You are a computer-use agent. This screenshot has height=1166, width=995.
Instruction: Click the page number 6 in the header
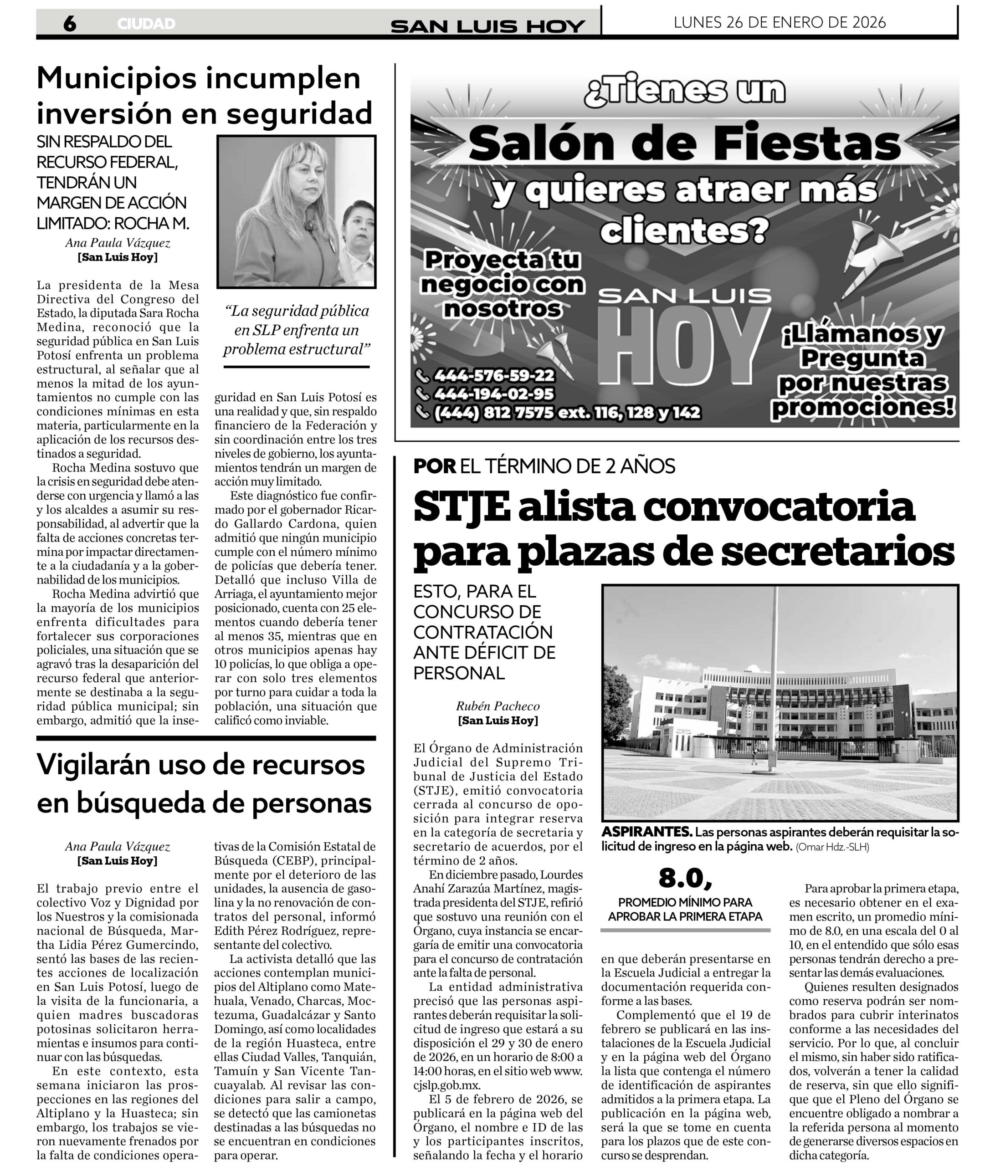click(69, 24)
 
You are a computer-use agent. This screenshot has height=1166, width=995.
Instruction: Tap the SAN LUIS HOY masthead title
click(487, 26)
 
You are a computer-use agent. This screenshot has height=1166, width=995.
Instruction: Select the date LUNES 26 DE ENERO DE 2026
click(780, 22)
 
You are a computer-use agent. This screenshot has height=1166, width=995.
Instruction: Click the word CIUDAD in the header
click(146, 24)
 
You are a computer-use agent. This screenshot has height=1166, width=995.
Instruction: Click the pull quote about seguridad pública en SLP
click(297, 330)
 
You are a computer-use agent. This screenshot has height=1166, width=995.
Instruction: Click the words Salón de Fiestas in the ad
click(684, 144)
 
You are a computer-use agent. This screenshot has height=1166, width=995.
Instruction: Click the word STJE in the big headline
click(462, 507)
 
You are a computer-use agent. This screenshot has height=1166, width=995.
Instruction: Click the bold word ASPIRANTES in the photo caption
click(646, 832)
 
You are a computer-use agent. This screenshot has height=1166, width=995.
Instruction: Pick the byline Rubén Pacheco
click(497, 706)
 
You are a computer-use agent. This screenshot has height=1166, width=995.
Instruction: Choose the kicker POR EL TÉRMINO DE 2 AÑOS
click(544, 466)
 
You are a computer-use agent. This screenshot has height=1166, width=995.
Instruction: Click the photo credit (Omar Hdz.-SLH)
click(832, 847)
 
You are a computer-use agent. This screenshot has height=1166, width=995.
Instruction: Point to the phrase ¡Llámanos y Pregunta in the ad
click(862, 346)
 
